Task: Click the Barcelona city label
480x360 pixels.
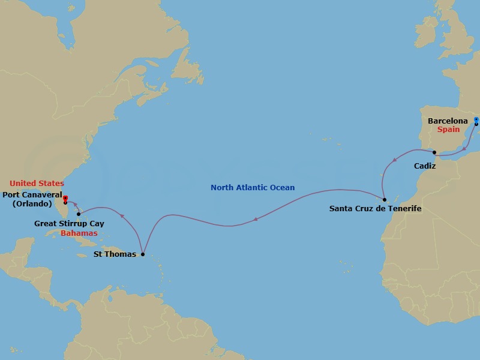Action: click(x=448, y=121)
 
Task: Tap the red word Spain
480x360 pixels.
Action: click(x=448, y=130)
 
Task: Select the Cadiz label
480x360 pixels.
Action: click(x=425, y=165)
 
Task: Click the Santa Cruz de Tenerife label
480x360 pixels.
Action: click(x=376, y=209)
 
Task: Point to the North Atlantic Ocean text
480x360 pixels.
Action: click(x=253, y=188)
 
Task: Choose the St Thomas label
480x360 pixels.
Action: click(x=115, y=254)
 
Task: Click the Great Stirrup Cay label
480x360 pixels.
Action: click(x=70, y=224)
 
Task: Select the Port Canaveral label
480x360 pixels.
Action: click(x=31, y=194)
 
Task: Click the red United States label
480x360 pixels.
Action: click(x=37, y=183)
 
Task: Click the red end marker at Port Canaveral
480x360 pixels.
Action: click(x=65, y=199)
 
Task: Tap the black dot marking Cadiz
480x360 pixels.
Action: click(x=434, y=153)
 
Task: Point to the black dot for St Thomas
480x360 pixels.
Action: click(x=142, y=254)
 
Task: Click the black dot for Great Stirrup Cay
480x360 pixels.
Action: click(x=79, y=214)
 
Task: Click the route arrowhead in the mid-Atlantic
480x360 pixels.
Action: click(x=256, y=219)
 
